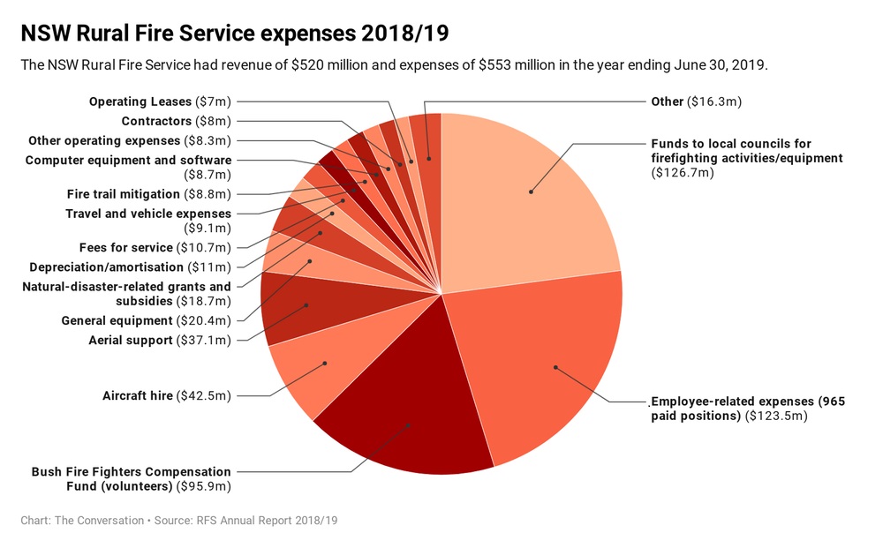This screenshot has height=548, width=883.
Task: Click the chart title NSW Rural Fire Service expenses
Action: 234,34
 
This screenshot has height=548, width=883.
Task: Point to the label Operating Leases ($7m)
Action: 160,102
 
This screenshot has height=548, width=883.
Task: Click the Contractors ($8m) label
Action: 176,121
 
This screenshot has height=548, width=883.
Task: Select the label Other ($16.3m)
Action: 696,101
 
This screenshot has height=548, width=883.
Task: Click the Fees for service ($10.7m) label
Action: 155,248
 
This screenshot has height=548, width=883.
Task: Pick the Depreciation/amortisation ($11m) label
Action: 130,267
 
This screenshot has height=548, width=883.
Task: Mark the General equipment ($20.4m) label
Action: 146,320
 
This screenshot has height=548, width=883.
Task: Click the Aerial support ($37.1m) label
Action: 159,341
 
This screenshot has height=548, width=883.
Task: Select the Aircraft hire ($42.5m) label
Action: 166,395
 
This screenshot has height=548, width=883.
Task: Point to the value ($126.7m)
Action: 683,173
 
